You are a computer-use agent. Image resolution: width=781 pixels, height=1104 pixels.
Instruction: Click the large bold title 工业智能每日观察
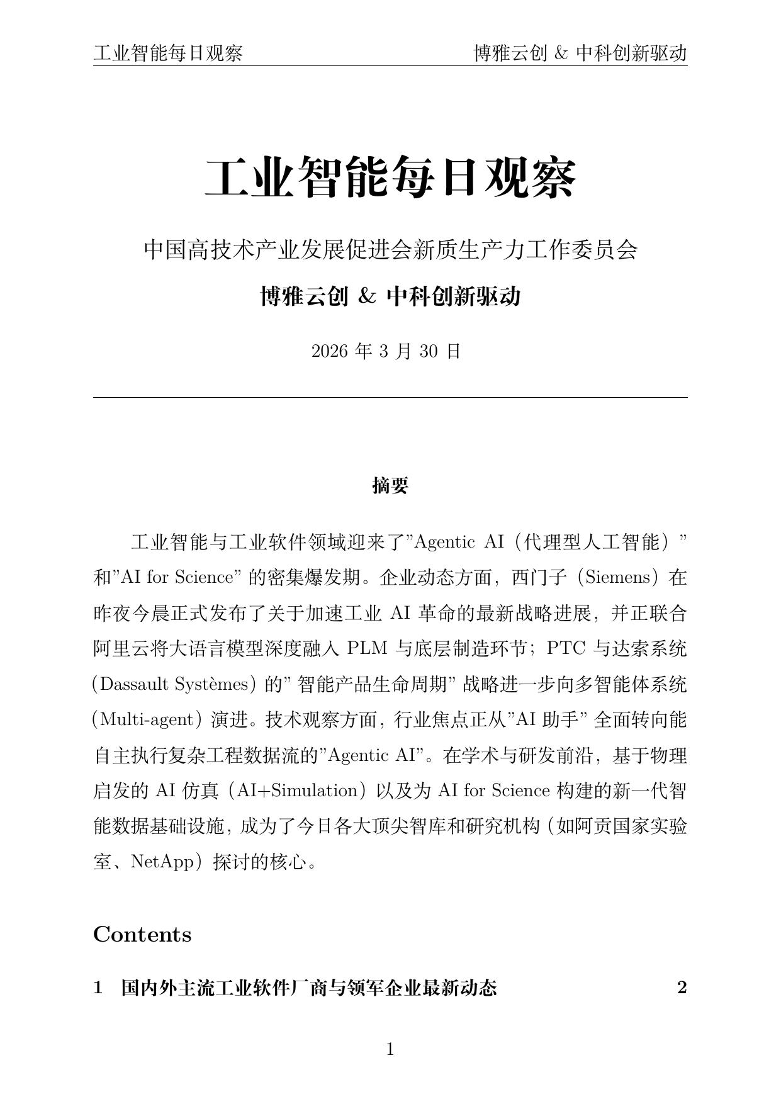(390, 179)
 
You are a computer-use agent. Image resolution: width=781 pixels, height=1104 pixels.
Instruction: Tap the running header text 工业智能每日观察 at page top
(168, 54)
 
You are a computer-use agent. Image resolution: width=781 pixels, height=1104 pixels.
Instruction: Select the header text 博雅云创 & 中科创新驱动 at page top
(580, 54)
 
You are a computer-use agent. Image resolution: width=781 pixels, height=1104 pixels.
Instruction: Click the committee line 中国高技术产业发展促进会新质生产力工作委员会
(390, 250)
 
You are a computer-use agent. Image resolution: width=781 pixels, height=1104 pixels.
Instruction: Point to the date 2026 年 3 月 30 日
(386, 351)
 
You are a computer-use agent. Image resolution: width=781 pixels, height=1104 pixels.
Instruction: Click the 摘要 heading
(390, 485)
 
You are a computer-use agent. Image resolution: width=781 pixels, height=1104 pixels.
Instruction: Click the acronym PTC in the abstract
(566, 648)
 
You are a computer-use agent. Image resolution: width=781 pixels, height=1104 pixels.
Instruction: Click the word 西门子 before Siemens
(534, 577)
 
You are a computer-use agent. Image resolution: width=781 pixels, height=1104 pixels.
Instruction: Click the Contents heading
(142, 935)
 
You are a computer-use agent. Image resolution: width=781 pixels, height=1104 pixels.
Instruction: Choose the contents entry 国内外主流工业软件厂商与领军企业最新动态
(308, 988)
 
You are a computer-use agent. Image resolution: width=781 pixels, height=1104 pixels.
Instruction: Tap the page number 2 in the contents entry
(682, 988)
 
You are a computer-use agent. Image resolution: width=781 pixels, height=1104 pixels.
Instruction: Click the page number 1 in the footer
(390, 1049)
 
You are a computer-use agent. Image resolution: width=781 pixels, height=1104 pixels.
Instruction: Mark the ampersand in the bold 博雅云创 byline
(367, 296)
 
